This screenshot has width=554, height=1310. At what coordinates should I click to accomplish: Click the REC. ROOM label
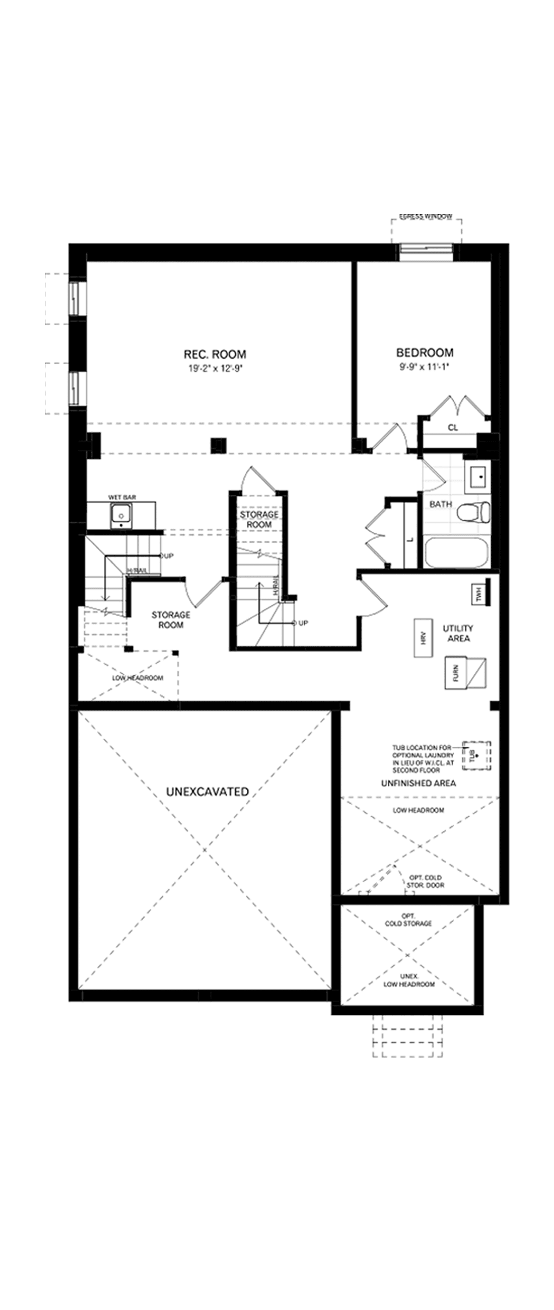[215, 354]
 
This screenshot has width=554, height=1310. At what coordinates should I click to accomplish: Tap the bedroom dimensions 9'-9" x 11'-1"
[425, 366]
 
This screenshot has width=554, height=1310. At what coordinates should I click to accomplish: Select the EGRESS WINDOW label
[426, 217]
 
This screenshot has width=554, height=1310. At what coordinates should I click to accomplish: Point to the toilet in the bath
[473, 511]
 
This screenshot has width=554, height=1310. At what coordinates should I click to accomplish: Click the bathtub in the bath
[456, 553]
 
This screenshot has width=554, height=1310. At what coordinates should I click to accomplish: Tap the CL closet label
[453, 428]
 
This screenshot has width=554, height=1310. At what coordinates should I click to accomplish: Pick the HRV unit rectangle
[423, 638]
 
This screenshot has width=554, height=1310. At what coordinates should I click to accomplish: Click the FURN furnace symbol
[465, 673]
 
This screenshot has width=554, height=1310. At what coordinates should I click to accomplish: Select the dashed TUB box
[476, 756]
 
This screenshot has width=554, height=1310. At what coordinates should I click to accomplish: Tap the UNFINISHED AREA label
[419, 783]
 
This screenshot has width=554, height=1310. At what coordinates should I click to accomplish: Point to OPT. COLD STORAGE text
[408, 920]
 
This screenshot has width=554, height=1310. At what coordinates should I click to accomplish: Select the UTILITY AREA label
[458, 633]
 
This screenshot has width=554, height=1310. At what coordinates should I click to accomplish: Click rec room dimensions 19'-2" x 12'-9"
[215, 368]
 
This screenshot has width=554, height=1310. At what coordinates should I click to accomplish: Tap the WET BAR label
[122, 497]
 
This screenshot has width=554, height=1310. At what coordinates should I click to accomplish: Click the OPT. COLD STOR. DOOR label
[425, 881]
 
